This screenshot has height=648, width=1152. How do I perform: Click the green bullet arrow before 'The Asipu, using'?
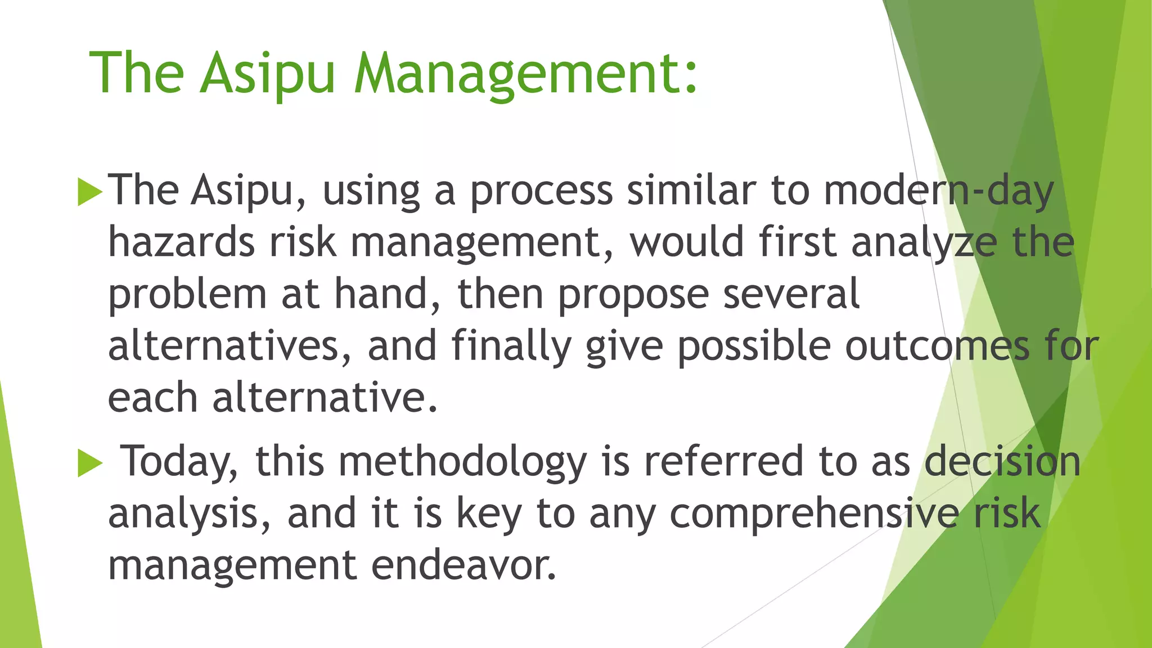90,192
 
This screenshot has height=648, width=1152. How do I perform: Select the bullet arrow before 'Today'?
90,463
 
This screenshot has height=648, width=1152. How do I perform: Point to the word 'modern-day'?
938,191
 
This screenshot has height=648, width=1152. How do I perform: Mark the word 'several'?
791,294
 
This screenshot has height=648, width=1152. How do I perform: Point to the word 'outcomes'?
937,346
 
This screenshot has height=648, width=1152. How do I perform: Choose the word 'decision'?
1002,461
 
